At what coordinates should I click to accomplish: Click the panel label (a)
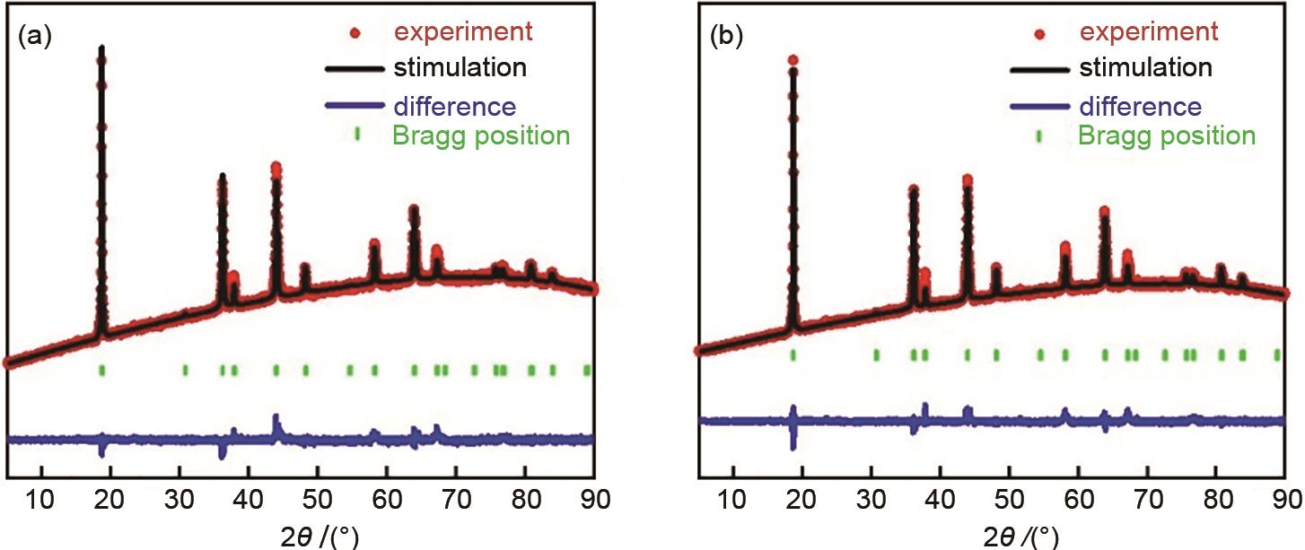click(x=34, y=40)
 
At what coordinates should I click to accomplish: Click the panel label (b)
click(x=727, y=40)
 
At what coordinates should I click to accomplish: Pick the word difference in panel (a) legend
click(x=454, y=107)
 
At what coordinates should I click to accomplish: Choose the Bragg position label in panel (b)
click(x=1166, y=135)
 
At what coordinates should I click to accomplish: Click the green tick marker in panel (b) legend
click(x=1040, y=135)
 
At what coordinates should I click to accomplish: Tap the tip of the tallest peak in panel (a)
click(x=101, y=48)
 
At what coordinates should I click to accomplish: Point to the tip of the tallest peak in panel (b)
click(x=793, y=61)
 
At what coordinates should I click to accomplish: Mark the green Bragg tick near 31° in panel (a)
click(x=185, y=370)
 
